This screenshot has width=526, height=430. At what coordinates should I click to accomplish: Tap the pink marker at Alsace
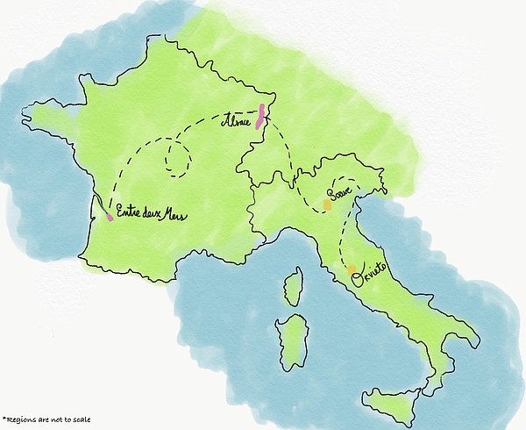click(x=259, y=118)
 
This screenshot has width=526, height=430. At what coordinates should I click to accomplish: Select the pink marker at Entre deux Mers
click(x=109, y=216)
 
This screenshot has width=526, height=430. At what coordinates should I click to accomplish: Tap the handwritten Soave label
click(x=339, y=192)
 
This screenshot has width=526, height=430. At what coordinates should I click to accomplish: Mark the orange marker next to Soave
click(x=327, y=204)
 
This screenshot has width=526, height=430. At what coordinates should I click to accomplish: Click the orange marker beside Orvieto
click(x=352, y=270)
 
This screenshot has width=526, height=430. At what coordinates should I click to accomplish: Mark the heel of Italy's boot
click(x=474, y=337)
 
